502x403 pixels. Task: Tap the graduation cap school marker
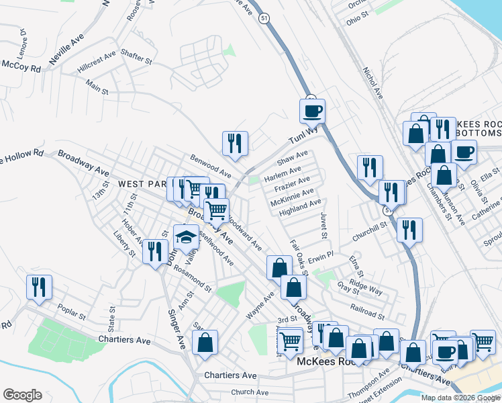coord(186,236)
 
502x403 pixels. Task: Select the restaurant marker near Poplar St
coord(39,287)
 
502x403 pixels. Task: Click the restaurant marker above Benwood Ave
coord(236,143)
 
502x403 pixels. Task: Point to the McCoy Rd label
coord(21,66)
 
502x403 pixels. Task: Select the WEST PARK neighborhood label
coord(142,183)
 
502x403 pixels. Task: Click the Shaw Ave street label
coord(293,158)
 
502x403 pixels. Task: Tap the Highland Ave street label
coord(301,206)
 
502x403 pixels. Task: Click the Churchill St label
coord(369,225)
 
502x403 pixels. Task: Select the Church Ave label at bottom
coord(249,392)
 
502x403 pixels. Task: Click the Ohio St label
coord(354,21)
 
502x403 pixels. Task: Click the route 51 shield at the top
coord(266,19)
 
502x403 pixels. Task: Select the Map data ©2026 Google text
coord(460,398)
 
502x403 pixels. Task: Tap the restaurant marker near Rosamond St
coord(155,251)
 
